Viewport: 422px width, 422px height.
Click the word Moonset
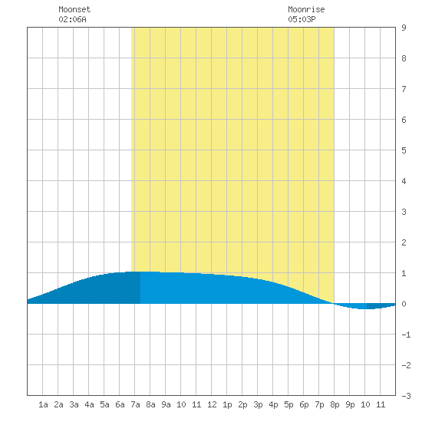(x=74, y=9)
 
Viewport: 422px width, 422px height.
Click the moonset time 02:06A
(x=72, y=19)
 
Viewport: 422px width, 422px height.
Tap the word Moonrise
(x=306, y=9)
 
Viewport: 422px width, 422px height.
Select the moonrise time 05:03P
(x=302, y=19)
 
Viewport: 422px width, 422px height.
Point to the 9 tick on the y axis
(x=404, y=28)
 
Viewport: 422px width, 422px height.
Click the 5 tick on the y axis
(x=404, y=150)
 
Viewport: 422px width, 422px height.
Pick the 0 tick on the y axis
(x=404, y=304)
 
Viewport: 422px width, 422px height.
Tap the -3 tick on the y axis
(x=406, y=396)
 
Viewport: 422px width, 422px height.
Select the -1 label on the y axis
(x=406, y=335)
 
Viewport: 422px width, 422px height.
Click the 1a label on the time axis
(x=43, y=404)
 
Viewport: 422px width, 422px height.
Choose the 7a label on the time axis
(x=135, y=404)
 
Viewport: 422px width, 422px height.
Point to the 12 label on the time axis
(x=212, y=404)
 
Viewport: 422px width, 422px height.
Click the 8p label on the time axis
(x=335, y=404)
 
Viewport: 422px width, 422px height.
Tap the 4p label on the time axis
(x=273, y=404)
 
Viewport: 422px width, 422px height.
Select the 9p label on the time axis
(x=350, y=404)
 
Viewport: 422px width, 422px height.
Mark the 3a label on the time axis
(x=74, y=404)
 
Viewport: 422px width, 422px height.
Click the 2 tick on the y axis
(x=404, y=242)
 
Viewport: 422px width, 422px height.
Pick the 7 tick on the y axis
(x=404, y=89)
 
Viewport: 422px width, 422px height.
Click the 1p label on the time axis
(x=227, y=404)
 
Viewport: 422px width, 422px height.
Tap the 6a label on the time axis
(x=120, y=404)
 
